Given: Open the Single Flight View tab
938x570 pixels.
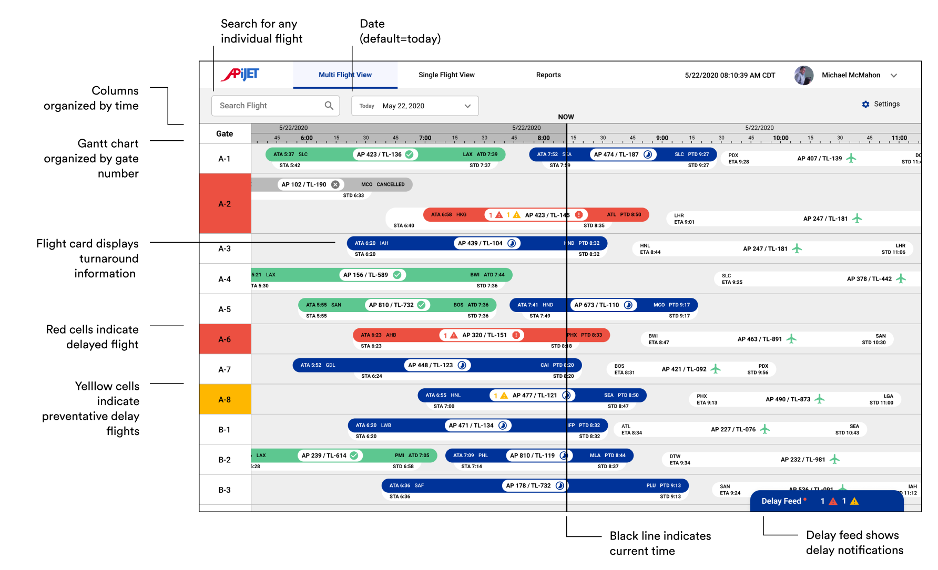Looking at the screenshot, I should (x=446, y=75).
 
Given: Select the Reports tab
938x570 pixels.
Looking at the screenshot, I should (x=548, y=75).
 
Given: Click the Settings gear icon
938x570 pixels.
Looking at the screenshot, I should (x=865, y=105).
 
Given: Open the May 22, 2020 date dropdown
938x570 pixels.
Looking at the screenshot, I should (x=415, y=106).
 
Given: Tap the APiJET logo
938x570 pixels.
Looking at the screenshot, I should (x=240, y=75).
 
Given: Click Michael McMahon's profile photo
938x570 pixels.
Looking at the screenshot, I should (x=803, y=75).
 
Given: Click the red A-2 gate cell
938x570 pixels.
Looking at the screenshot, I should (x=225, y=204).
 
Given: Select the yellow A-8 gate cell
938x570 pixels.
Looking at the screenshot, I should (x=225, y=400).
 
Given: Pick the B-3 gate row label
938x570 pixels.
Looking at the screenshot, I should (x=225, y=490).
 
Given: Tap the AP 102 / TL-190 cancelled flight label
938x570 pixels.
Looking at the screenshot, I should (x=304, y=184).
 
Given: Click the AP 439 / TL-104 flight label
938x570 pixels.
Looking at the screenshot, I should (x=480, y=243).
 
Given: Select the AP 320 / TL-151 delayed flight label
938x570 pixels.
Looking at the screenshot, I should (x=484, y=335).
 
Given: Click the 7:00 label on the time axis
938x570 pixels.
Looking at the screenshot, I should (x=425, y=138).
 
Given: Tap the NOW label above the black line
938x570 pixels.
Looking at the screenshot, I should (x=566, y=117).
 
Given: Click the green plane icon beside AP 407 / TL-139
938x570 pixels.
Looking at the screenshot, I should (x=851, y=158).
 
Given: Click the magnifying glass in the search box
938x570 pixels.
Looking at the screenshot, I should (x=329, y=106).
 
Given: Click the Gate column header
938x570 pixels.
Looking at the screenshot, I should (x=225, y=134).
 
